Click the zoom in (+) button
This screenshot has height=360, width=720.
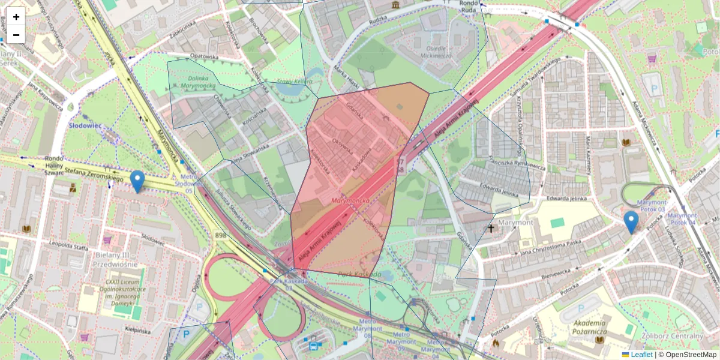[x=16, y=16]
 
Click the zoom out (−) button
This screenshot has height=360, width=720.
[x=16, y=35]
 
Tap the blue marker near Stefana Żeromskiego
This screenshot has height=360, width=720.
[x=137, y=182]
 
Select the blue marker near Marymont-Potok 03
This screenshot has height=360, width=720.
[x=631, y=222]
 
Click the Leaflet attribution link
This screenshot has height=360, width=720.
[x=641, y=355]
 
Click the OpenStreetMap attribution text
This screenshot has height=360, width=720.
[x=690, y=355]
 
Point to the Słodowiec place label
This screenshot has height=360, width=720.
[x=85, y=125]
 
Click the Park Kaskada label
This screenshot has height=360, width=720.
[x=359, y=275]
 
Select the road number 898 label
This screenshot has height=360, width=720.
[x=221, y=235]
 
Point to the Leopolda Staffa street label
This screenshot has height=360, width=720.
[x=69, y=246]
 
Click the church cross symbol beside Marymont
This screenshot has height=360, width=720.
[x=491, y=229]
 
